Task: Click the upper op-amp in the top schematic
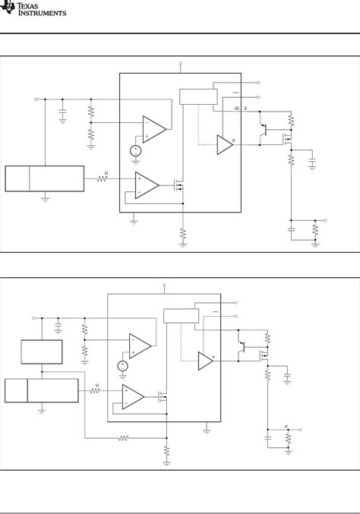[154, 128]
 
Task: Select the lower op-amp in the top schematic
[147, 184]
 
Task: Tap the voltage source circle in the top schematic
[134, 150]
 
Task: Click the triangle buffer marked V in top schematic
[225, 144]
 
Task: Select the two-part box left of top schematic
[45, 178]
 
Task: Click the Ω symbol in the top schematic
[106, 174]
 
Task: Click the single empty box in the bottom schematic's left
[42, 352]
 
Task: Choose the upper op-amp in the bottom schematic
[140, 345]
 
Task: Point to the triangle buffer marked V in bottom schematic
[206, 361]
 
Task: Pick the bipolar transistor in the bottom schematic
[244, 347]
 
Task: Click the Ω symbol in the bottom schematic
[96, 385]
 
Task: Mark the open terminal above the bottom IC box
[164, 288]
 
